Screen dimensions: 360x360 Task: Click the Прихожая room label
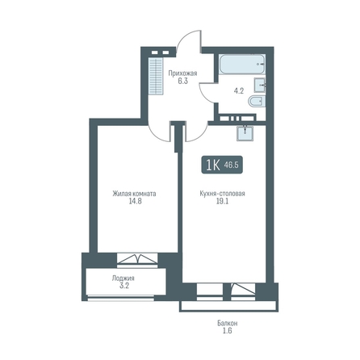[182, 73]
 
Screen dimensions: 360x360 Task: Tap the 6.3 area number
[182, 81]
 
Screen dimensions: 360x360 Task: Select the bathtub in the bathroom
[242, 64]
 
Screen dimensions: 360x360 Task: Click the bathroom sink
[260, 85]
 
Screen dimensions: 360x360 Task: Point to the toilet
[257, 102]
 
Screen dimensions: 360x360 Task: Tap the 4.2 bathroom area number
[239, 91]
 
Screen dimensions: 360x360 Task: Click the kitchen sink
[245, 133]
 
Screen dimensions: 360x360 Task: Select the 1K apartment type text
[213, 165]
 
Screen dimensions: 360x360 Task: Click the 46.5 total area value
[232, 165]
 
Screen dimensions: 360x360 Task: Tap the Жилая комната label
[134, 194]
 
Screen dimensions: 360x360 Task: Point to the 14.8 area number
[135, 201]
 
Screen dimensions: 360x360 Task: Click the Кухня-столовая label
[223, 194]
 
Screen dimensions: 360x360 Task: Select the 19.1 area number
[223, 201]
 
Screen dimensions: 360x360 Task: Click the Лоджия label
[123, 278]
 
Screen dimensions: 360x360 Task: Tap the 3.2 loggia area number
[124, 286]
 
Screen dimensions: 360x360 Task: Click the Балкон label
[228, 323]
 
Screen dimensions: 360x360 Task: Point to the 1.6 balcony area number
[228, 330]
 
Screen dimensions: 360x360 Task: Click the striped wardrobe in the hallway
[156, 76]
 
